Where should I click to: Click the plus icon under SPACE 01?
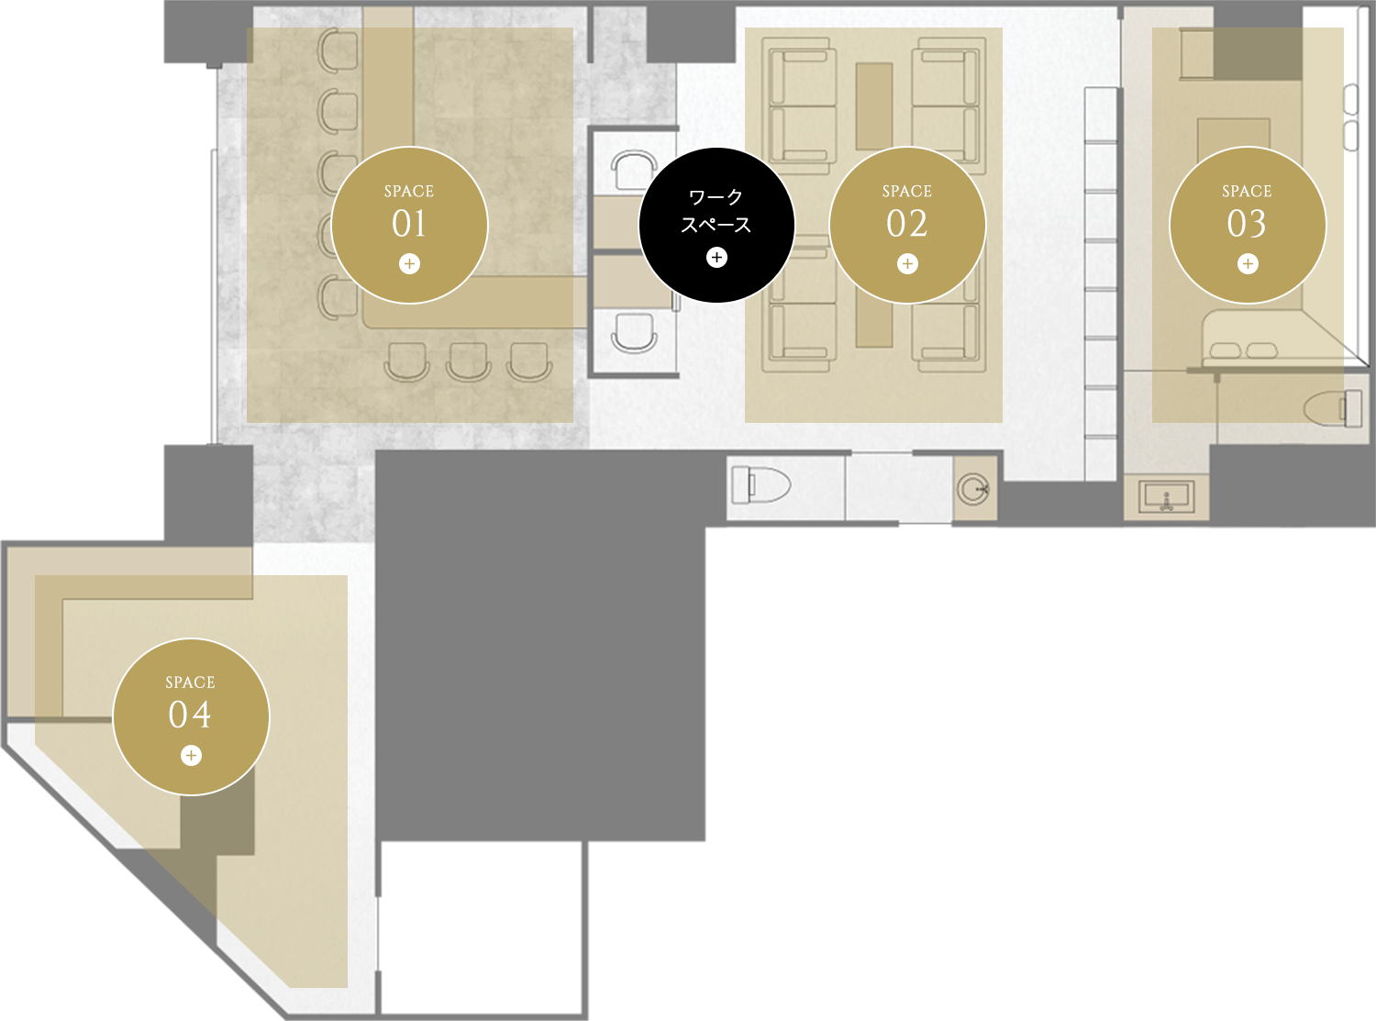tap(409, 264)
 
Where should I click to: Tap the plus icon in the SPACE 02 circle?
tap(907, 264)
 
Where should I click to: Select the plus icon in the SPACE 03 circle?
tap(1248, 264)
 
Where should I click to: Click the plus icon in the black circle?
tap(716, 257)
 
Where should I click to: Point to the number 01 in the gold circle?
tap(409, 224)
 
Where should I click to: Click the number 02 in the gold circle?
tap(907, 224)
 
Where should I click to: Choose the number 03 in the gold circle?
tap(1247, 224)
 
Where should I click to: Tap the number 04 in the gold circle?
tap(190, 715)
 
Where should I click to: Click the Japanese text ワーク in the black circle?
tap(716, 197)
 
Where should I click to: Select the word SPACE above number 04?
tap(191, 683)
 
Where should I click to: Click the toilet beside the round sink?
tap(760, 484)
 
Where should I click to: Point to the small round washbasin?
tap(972, 489)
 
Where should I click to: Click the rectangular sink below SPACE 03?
tap(1166, 497)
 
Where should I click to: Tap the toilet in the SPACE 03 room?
tap(1333, 408)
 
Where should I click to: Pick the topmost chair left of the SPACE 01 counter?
tap(338, 50)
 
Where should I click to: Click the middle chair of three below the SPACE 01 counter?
tap(469, 361)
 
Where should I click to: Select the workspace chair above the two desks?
tap(634, 170)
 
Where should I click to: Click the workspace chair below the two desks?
tap(634, 333)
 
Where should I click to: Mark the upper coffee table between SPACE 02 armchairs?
tap(874, 106)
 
